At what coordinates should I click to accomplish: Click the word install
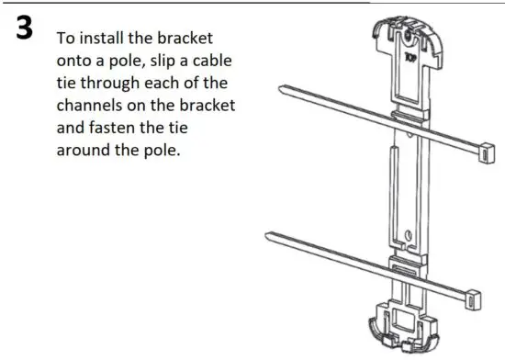104,40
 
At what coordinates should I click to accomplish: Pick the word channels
93,107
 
